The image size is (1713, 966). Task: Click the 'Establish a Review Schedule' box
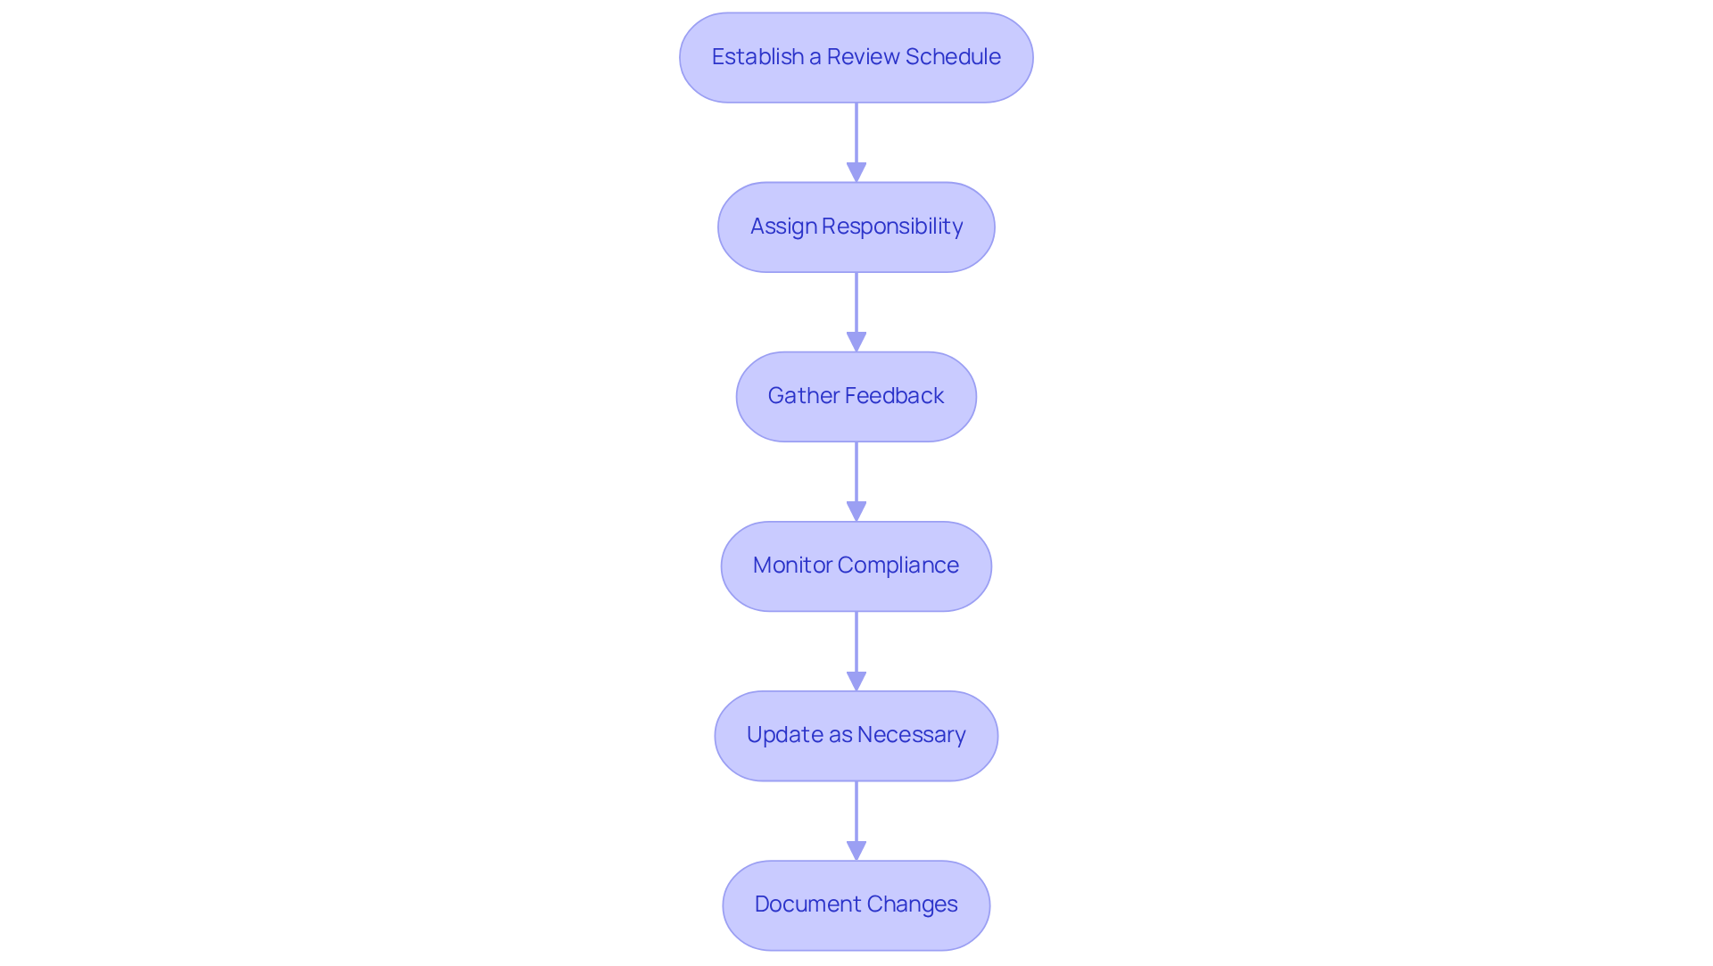[x=856, y=58]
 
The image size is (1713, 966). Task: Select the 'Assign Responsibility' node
[x=856, y=227]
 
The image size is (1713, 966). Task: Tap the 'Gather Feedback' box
[x=856, y=397]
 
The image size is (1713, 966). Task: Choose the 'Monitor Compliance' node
[x=856, y=566]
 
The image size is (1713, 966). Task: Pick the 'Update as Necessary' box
[x=856, y=736]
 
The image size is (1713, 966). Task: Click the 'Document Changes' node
[x=856, y=905]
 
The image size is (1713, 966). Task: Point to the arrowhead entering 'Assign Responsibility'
[x=856, y=172]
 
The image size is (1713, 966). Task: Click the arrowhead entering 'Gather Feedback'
[x=856, y=342]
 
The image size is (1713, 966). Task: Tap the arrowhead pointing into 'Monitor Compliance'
[x=856, y=511]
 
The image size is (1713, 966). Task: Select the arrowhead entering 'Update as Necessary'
[x=856, y=681]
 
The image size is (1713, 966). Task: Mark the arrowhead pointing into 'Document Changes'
[x=856, y=850]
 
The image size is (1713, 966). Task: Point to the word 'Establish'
[x=757, y=57]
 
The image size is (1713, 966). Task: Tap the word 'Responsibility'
[x=892, y=227]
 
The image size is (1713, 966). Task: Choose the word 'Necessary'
[x=911, y=735]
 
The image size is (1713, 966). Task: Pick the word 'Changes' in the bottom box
[x=912, y=904]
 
